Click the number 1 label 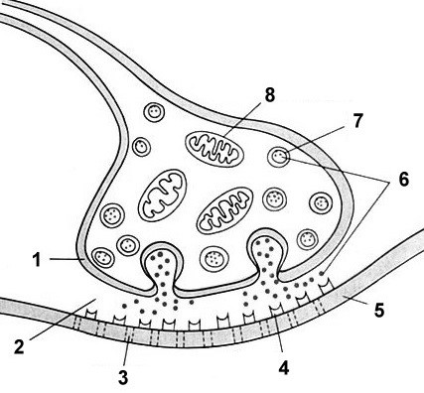[37, 260]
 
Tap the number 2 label [19, 346]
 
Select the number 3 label [123, 377]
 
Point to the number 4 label [284, 367]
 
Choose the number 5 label [379, 310]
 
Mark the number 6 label [403, 180]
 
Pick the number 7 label [357, 121]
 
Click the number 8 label [270, 95]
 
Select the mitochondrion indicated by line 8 [214, 149]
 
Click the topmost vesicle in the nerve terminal [154, 112]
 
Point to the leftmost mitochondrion [163, 195]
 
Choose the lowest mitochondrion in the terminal [225, 210]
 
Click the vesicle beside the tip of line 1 [103, 258]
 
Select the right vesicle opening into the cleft [267, 255]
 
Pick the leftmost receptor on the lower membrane [91, 314]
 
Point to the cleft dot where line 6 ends [321, 273]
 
